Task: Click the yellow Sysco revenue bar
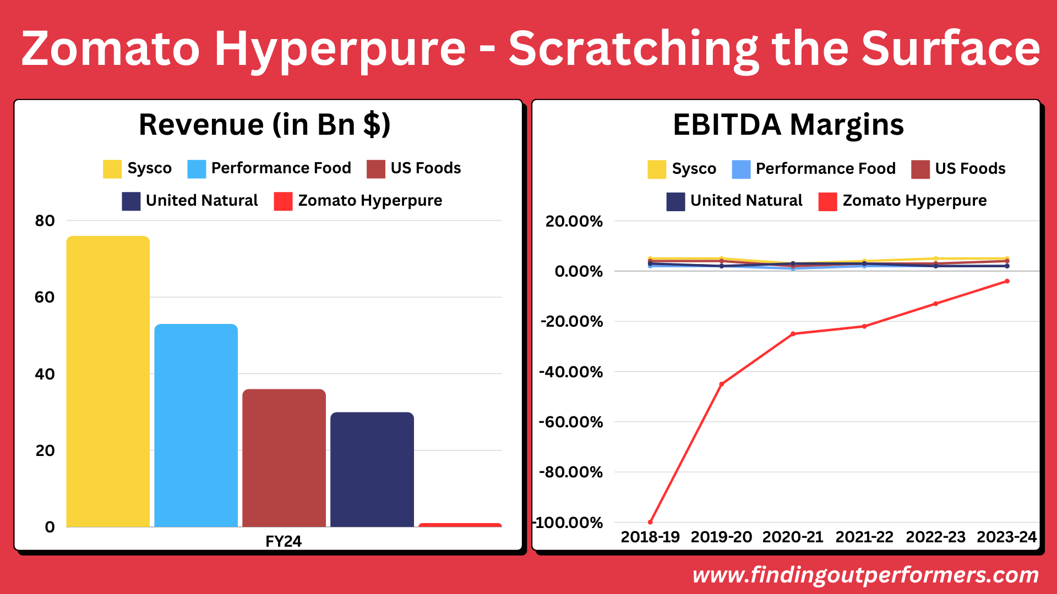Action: pyautogui.click(x=108, y=381)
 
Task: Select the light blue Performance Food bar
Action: pyautogui.click(x=196, y=425)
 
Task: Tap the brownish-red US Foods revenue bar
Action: pyautogui.click(x=284, y=458)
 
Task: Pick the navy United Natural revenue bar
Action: pyautogui.click(x=372, y=469)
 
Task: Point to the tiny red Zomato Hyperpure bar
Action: pyautogui.click(x=460, y=525)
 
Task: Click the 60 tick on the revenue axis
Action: pyautogui.click(x=45, y=298)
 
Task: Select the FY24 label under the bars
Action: pyautogui.click(x=284, y=541)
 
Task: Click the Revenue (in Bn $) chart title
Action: pyautogui.click(x=264, y=125)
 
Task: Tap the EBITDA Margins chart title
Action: pyautogui.click(x=788, y=125)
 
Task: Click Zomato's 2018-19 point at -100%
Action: pyautogui.click(x=650, y=522)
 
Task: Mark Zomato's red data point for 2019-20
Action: pyautogui.click(x=721, y=384)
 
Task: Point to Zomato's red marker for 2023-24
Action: pyautogui.click(x=1007, y=281)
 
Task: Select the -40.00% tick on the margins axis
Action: pyautogui.click(x=571, y=372)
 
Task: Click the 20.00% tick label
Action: pyautogui.click(x=574, y=221)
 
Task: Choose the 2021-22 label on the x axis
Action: pyautogui.click(x=864, y=537)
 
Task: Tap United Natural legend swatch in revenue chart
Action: pyautogui.click(x=131, y=201)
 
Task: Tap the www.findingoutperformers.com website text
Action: pyautogui.click(x=865, y=575)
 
